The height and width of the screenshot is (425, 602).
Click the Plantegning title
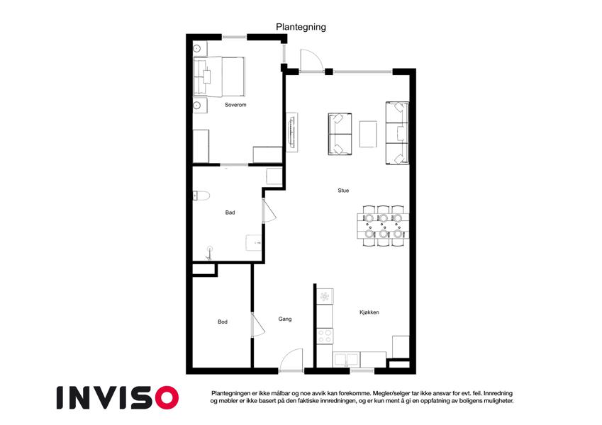301,27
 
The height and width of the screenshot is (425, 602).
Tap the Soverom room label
235,105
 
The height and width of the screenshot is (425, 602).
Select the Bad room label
230,212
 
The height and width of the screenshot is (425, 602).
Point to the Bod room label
223,322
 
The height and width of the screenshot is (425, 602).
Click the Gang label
285,319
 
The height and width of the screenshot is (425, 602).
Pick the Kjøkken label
369,312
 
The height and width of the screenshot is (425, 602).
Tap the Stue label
343,191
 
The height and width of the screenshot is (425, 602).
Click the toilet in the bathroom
201,195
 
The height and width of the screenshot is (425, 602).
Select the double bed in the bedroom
219,76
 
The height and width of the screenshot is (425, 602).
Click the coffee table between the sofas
368,134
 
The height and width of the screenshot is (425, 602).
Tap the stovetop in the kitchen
325,336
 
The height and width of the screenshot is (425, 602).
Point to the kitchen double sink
346,360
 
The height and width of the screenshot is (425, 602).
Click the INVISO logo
118,397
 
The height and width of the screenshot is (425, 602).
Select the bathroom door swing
269,210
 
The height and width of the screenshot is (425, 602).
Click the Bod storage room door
258,325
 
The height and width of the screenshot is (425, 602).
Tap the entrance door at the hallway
291,360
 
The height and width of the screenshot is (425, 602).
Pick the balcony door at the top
311,61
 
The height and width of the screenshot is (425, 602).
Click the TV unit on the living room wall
293,132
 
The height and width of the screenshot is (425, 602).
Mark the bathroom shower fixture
209,253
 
